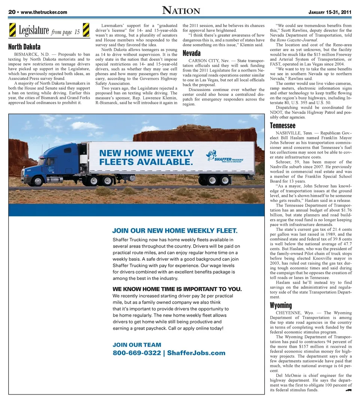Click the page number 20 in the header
click(x=12, y=12)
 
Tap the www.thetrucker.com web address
click(x=44, y=12)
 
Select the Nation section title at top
click(x=181, y=11)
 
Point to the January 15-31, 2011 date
click(x=330, y=12)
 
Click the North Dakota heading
click(x=24, y=47)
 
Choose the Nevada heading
click(x=191, y=53)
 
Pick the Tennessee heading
click(x=282, y=126)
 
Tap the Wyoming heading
click(x=280, y=305)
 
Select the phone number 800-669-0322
click(x=136, y=353)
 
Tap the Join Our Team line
click(x=136, y=345)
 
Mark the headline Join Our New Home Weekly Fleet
click(x=175, y=230)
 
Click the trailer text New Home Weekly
click(x=146, y=153)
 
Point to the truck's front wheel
click(x=38, y=181)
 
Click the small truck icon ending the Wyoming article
click(x=348, y=390)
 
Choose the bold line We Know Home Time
click(x=177, y=289)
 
